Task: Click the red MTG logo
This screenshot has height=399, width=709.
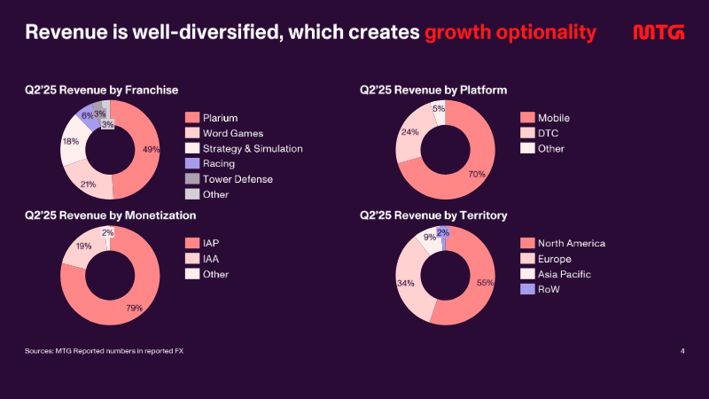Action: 658,32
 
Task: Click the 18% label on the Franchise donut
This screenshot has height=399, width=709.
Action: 71,142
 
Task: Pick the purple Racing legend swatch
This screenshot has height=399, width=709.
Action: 192,163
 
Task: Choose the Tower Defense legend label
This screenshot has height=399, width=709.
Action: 238,179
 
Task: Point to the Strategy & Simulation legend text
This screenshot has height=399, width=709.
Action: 253,148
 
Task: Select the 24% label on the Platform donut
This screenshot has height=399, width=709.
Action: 409,132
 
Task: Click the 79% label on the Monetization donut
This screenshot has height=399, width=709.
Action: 135,308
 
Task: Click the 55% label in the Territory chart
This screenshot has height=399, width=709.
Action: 485,283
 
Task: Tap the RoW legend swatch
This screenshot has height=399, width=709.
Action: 527,289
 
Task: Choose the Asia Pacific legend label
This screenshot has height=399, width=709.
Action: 564,274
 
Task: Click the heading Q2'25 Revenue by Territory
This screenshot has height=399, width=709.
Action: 433,215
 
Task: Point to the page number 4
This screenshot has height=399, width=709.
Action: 682,351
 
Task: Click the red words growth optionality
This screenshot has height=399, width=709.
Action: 510,33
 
